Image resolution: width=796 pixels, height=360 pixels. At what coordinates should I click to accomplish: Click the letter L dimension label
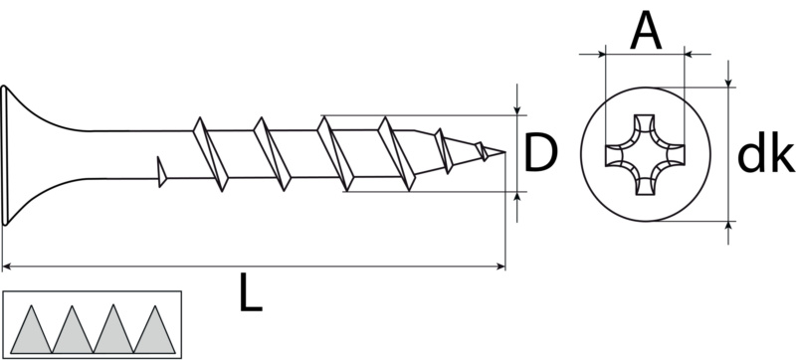251,294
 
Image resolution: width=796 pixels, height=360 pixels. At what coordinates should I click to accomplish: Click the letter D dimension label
538,153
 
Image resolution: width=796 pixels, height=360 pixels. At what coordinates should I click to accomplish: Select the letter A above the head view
646,33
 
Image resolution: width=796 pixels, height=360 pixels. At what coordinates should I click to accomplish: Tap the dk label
764,155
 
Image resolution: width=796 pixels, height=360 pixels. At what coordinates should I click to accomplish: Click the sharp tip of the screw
503,152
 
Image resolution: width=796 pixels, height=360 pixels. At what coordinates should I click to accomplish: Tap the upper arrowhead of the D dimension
517,108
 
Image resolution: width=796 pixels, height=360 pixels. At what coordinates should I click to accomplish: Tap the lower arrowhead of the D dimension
517,197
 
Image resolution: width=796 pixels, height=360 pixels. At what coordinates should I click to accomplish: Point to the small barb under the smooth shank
160,170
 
